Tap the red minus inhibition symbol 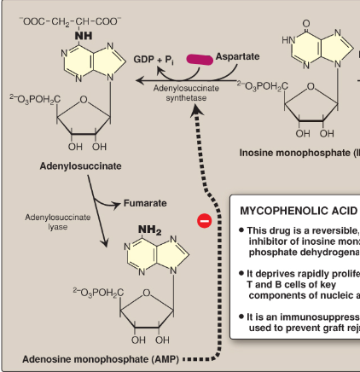pyautogui.click(x=204, y=221)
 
